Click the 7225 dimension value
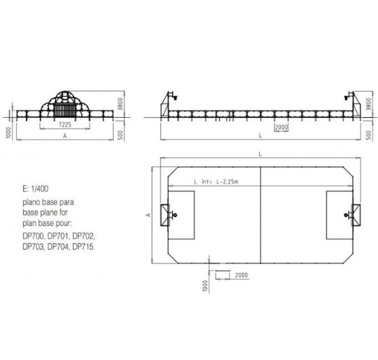pyautogui.click(x=65, y=125)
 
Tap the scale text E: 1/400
pyautogui.click(x=35, y=189)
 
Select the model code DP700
pyautogui.click(x=33, y=235)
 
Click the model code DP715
pyautogui.click(x=84, y=246)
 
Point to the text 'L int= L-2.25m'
pyautogui.click(x=216, y=182)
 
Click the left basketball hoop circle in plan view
pyautogui.click(x=175, y=215)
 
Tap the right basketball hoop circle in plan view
pyautogui.click(x=346, y=215)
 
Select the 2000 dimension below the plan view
pyautogui.click(x=241, y=275)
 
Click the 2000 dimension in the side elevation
pyautogui.click(x=281, y=127)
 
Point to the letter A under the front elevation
pyautogui.click(x=65, y=136)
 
